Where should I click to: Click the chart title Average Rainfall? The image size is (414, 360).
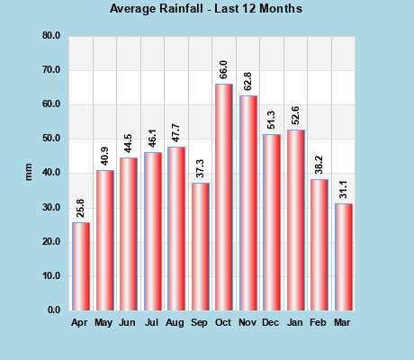coord(206,9)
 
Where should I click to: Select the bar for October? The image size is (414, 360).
coord(224,197)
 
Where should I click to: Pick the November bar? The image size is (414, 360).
coord(247,202)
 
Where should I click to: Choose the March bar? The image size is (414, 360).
coord(343,257)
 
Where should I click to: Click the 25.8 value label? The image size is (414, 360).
coord(81,208)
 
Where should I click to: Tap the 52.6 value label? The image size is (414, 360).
coord(295,116)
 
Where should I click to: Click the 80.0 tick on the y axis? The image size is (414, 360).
coord(51,36)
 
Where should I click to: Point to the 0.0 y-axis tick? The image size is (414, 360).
coord(54,310)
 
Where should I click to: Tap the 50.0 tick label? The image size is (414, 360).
coord(51,139)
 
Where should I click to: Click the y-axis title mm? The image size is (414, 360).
coord(28,172)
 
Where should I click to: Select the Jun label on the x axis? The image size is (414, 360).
coord(129,322)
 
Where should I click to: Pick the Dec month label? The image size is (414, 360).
coord(272,322)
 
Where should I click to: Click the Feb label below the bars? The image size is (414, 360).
coord(319,322)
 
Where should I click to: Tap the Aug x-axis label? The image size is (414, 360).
coord(176,322)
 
